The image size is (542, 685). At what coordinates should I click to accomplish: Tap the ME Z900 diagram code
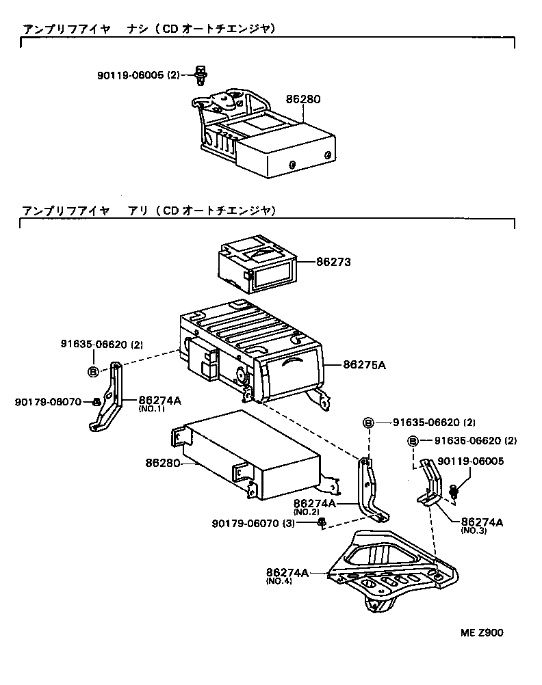tap(481, 632)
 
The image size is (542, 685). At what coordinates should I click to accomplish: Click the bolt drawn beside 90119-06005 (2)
tap(201, 75)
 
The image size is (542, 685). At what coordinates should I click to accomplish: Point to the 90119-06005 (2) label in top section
tap(138, 75)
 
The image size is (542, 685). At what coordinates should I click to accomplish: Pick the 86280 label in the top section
tap(303, 99)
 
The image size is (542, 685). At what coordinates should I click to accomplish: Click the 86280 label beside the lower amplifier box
tap(162, 463)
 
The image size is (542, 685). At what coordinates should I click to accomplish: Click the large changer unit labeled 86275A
tap(253, 349)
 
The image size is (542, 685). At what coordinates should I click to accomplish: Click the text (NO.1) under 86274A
tap(152, 409)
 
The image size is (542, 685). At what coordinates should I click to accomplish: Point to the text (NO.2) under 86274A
tap(307, 512)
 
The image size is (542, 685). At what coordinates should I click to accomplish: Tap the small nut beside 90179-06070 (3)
tap(322, 524)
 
